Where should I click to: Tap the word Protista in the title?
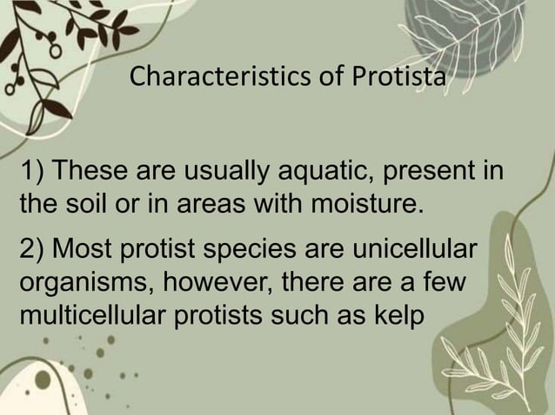pyautogui.click(x=400, y=78)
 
